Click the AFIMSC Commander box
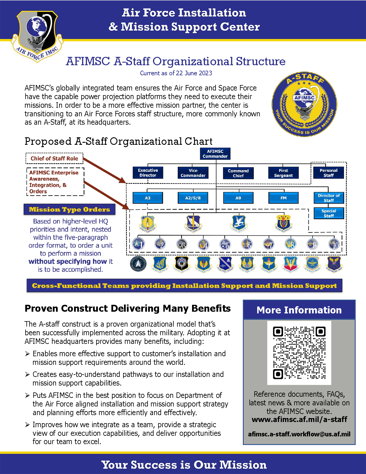215,154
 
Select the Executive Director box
148,173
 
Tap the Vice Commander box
193,173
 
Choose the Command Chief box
238,173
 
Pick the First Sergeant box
283,173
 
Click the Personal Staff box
329,173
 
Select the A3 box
148,198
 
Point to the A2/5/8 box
193,198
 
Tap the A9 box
238,198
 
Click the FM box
283,198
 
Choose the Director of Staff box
329,198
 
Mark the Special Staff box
329,213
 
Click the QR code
299,353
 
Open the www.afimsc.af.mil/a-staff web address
299,419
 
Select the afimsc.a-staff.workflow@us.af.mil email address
299,434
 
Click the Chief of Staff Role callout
54,159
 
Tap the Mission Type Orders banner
69,209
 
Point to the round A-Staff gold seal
304,104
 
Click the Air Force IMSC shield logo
37,34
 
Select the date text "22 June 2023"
194,73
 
